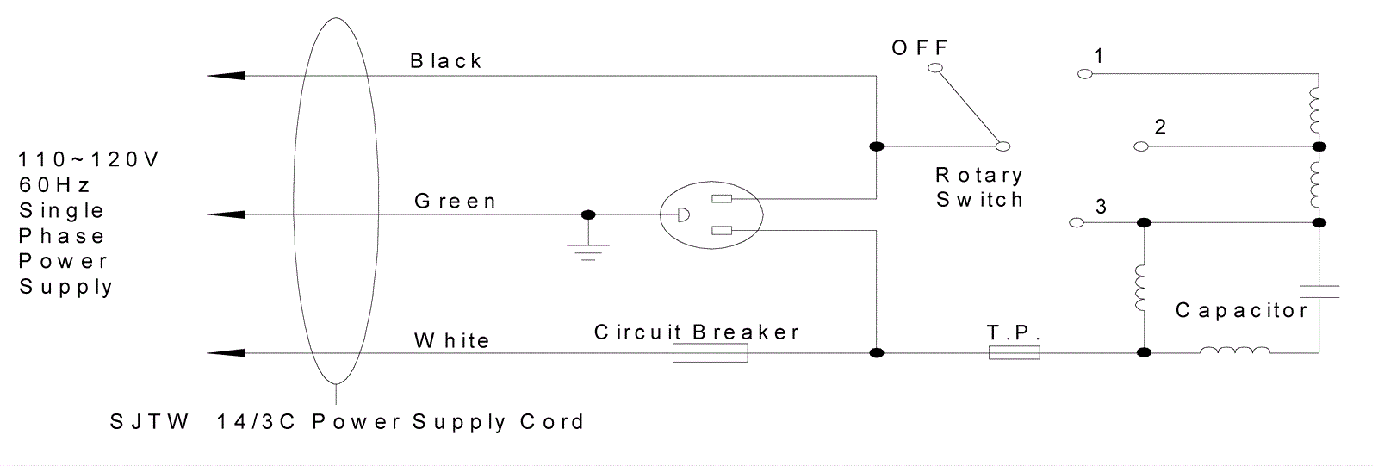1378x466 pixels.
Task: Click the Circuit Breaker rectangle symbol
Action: click(710, 353)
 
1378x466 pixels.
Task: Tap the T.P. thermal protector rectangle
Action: click(1014, 353)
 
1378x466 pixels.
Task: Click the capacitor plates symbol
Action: click(1319, 292)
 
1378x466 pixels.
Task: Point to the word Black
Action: click(446, 61)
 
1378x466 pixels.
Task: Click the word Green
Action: click(455, 201)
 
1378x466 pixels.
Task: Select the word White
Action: click(451, 340)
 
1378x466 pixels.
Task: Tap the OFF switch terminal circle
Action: click(935, 68)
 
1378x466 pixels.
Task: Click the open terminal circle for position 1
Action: click(1085, 74)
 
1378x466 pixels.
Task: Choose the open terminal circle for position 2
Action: click(1140, 146)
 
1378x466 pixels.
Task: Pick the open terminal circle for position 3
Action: click(1077, 223)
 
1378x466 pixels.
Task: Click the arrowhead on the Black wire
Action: click(226, 76)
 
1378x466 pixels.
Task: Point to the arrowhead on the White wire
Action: click(226, 353)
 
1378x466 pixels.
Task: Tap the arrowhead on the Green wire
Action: click(226, 214)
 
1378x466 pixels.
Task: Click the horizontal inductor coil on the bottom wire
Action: click(1235, 351)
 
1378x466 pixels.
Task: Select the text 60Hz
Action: click(54, 184)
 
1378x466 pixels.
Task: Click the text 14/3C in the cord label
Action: click(256, 422)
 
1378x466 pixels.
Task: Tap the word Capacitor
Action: click(1241, 310)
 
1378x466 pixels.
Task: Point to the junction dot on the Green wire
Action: click(588, 214)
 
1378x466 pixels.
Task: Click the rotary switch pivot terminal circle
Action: click(1002, 146)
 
